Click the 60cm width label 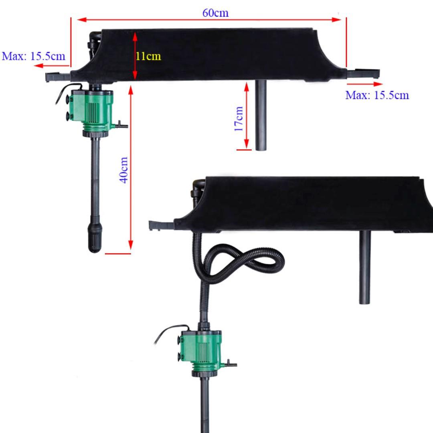tap(215, 13)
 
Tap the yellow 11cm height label tap(148, 56)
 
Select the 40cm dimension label tap(125, 170)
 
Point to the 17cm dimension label tap(239, 119)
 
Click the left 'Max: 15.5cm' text tap(33, 56)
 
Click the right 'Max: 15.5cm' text tap(377, 95)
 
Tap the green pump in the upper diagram tap(92, 109)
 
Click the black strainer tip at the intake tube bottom tap(95, 238)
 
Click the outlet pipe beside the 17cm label tap(261, 116)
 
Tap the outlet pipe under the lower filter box tap(365, 267)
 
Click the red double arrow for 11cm tap(135, 56)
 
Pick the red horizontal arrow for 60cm tap(208, 19)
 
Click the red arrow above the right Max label tap(365, 84)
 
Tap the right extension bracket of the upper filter tap(363, 73)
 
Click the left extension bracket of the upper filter tap(58, 75)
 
